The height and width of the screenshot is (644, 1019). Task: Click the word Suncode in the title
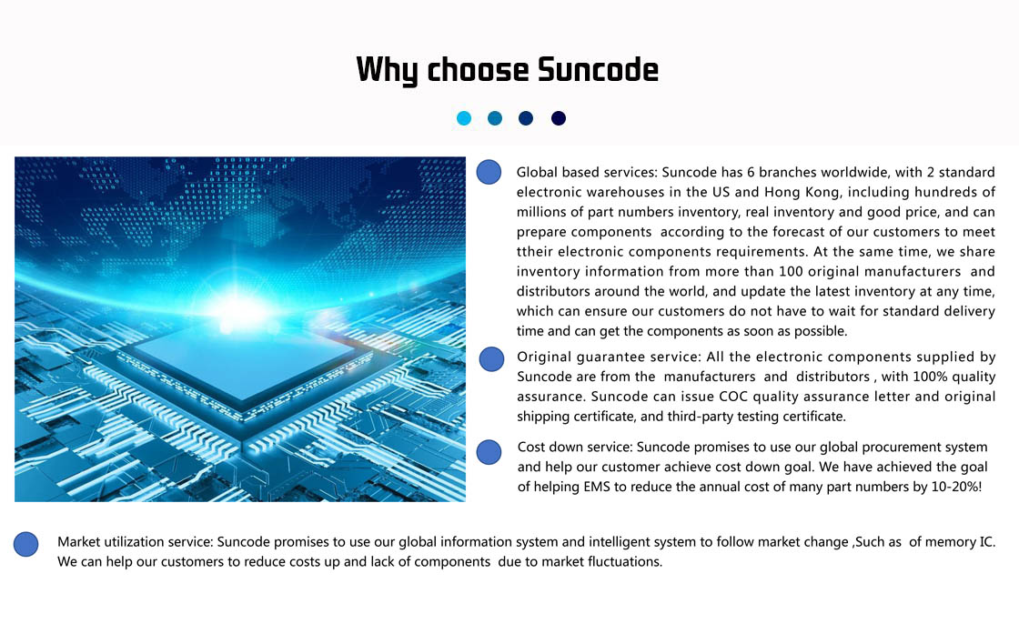598,69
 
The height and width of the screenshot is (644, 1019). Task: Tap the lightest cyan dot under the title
464,118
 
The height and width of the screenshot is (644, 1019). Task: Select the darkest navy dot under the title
559,118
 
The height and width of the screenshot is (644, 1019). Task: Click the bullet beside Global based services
489,172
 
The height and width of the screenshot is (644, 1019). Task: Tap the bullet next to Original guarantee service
491,358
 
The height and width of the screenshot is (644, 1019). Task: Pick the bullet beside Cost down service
489,452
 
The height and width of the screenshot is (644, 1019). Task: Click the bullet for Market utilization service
26,544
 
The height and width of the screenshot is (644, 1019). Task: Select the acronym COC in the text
733,397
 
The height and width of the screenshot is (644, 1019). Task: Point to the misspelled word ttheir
535,251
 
